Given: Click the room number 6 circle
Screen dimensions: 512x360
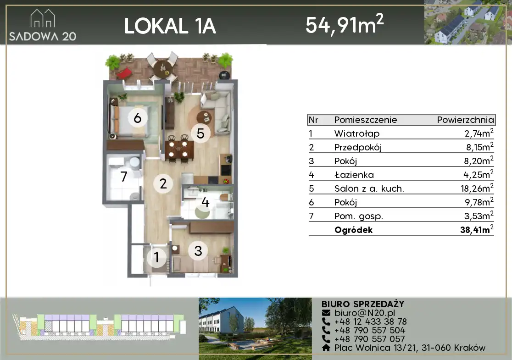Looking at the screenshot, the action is [138, 117].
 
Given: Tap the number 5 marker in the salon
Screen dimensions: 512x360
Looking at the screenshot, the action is [200, 133].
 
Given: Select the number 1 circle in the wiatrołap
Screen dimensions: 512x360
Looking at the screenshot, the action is [157, 257].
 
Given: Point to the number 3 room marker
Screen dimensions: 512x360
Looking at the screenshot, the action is [198, 251].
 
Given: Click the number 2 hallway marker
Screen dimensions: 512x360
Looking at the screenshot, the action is [163, 183].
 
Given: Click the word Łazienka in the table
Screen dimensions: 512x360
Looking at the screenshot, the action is [354, 175].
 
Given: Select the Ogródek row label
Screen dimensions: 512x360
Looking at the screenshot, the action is [353, 230].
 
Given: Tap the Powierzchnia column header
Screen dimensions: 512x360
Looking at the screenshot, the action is [465, 120].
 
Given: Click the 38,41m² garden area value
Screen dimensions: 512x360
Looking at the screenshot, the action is [477, 229].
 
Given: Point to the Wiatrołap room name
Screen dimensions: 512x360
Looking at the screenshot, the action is [356, 134].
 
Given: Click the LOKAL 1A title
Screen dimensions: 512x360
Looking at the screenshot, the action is [170, 26].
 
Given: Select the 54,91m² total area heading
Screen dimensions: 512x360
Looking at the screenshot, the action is [345, 24].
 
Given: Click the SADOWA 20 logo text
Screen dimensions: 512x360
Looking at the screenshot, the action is [43, 36].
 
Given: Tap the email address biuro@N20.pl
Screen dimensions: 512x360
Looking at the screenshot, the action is [364, 313].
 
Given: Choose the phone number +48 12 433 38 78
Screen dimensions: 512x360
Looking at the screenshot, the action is [370, 321].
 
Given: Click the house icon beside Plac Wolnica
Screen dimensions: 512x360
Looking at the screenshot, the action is [326, 348].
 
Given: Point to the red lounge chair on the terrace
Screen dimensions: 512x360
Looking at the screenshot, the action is [124, 73].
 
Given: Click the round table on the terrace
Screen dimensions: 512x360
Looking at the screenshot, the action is [162, 68].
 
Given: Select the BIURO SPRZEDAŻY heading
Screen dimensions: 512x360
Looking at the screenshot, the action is [363, 304].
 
